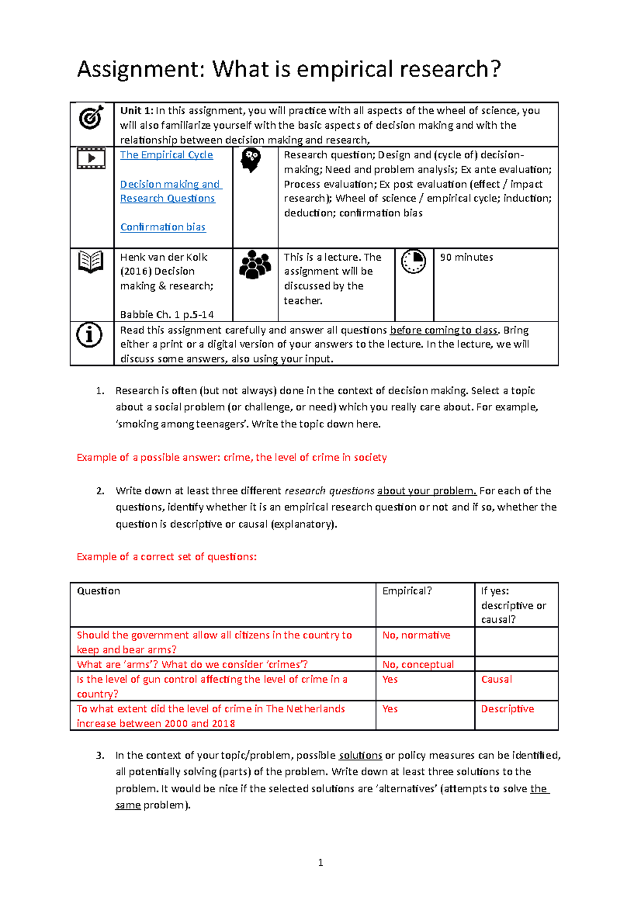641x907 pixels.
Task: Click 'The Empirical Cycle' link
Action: point(166,155)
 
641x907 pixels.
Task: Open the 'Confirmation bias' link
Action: point(162,227)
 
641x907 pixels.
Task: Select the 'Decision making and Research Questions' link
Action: point(170,191)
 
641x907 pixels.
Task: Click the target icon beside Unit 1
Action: point(91,117)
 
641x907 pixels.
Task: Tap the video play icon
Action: point(91,158)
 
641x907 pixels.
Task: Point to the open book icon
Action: point(91,262)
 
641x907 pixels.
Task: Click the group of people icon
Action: point(255,264)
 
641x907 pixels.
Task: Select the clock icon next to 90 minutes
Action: point(413,261)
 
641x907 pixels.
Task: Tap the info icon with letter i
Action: point(89,335)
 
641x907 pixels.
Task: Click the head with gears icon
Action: point(251,160)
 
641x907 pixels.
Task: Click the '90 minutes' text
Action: point(466,257)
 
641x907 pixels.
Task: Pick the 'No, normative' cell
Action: point(416,635)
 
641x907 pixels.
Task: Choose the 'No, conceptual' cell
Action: point(418,664)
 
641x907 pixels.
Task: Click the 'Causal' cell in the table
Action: point(496,679)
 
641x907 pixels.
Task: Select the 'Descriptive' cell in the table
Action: point(507,709)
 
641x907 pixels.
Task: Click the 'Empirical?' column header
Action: point(407,591)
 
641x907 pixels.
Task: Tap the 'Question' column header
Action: point(98,591)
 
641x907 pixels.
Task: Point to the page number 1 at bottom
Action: point(320,862)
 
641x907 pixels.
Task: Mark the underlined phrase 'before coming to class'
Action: point(443,330)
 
